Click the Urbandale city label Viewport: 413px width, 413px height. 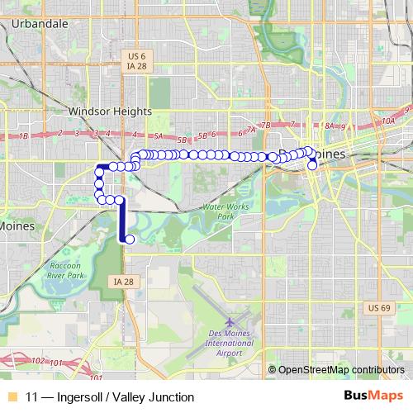(x=40, y=24)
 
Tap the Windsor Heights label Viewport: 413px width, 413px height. (x=110, y=111)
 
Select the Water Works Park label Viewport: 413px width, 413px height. (x=225, y=211)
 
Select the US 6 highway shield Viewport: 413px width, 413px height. (x=134, y=55)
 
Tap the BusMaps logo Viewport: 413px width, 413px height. (x=368, y=396)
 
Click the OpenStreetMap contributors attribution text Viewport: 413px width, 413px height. (x=339, y=370)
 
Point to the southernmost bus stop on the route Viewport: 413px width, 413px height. (x=129, y=240)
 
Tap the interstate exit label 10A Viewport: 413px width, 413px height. (x=389, y=121)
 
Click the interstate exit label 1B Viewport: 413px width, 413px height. (x=23, y=135)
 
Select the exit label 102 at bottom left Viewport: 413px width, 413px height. (x=36, y=360)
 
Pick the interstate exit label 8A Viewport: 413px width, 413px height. (x=330, y=126)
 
